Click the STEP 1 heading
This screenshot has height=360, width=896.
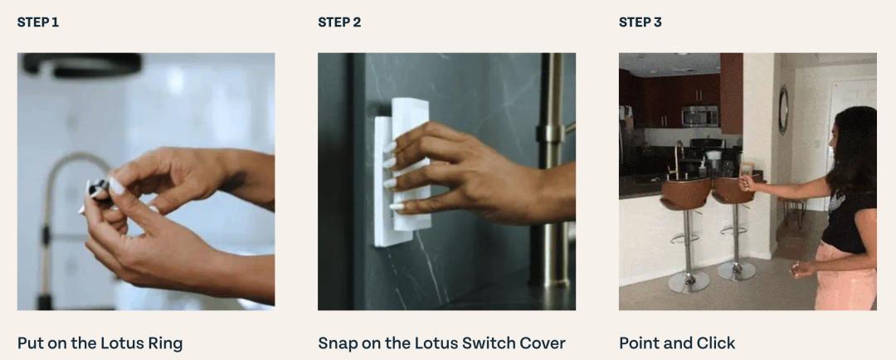tap(37, 22)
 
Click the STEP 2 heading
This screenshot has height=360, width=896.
tap(339, 22)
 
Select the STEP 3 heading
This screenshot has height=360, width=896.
tap(640, 22)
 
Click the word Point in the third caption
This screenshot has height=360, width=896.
tap(636, 343)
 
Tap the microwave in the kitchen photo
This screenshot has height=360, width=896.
tap(700, 116)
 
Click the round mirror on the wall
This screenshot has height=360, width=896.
tap(783, 110)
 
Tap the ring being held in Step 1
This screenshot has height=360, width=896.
tap(98, 187)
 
